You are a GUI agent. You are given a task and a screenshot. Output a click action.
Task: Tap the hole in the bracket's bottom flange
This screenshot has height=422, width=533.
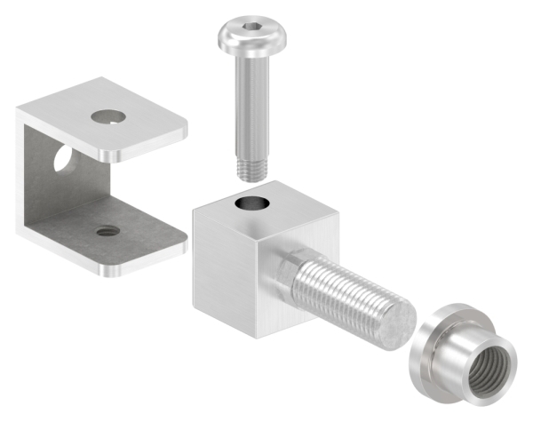(108, 231)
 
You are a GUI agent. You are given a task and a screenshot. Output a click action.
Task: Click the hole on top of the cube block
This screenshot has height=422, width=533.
(251, 205)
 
